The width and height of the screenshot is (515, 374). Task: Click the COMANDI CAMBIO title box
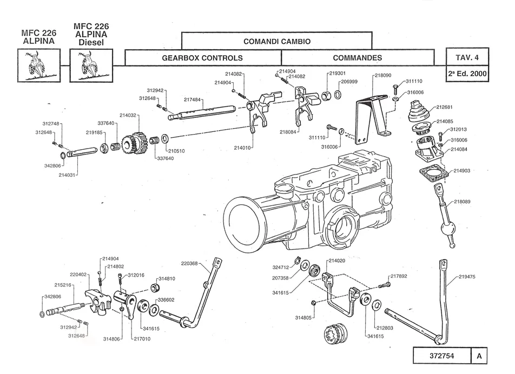(276, 41)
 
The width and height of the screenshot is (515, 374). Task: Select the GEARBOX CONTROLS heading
(202, 58)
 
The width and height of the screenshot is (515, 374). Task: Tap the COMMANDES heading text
(358, 58)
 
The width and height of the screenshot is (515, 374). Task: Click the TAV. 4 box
(467, 57)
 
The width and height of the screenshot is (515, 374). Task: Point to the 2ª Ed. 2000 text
(467, 74)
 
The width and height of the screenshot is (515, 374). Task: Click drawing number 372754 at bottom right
(442, 356)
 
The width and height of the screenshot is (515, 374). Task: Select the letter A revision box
(479, 356)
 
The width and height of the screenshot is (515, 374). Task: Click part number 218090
(383, 76)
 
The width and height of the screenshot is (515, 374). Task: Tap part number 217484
(192, 100)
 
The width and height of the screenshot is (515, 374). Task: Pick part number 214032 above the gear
(128, 116)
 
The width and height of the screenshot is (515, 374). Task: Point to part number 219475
(467, 277)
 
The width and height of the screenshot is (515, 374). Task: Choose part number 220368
(189, 263)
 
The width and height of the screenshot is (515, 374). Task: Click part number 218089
(462, 202)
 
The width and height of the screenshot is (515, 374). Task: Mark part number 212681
(444, 107)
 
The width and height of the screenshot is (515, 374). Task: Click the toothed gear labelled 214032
(134, 143)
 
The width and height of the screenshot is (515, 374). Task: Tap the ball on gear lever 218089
(448, 229)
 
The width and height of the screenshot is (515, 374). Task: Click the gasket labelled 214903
(433, 173)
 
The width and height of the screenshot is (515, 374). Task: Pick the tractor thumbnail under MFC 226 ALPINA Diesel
(91, 65)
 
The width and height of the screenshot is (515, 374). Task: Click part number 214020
(336, 261)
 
